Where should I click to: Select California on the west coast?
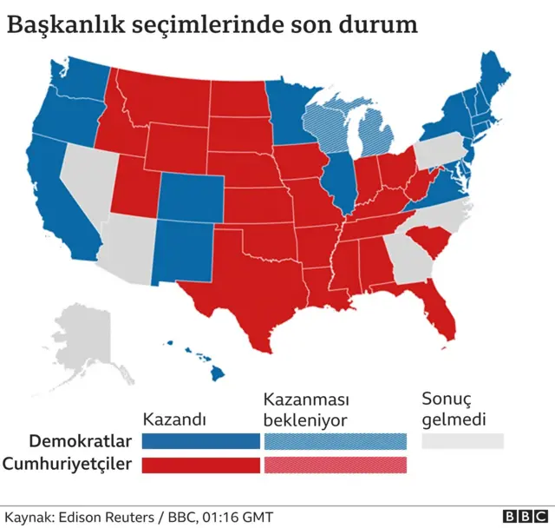pyautogui.click(x=61, y=200)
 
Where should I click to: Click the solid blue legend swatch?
pyautogui.click(x=200, y=440)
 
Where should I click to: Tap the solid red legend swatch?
pyautogui.click(x=200, y=465)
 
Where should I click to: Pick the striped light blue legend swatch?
pyautogui.click(x=334, y=440)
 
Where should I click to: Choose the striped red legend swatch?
pyautogui.click(x=334, y=465)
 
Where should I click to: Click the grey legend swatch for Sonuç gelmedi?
pyautogui.click(x=462, y=440)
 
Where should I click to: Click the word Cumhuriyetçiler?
pyautogui.click(x=69, y=465)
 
